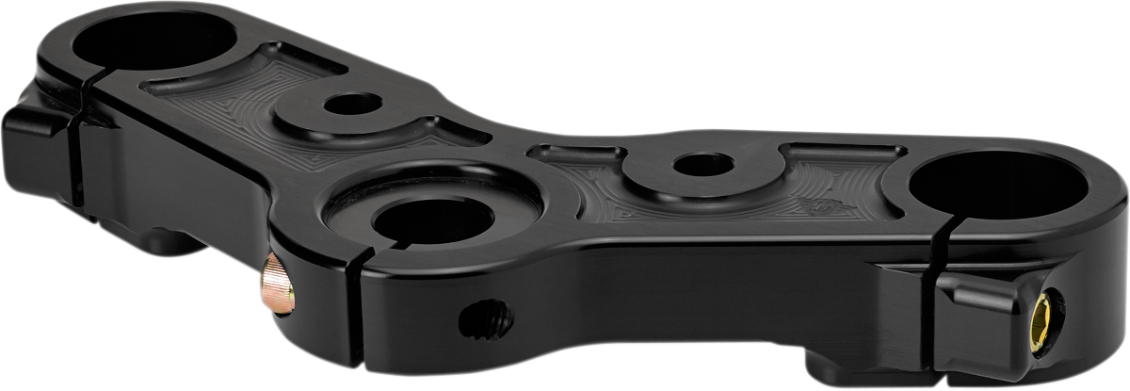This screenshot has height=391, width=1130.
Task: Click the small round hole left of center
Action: (x=351, y=103)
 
